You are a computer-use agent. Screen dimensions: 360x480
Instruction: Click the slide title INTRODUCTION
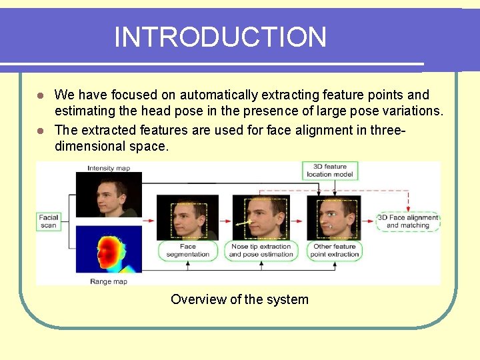220,37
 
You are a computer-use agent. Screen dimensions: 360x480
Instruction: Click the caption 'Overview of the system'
239,299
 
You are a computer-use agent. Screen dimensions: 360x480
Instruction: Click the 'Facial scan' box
49,221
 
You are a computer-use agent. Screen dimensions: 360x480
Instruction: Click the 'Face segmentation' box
187,251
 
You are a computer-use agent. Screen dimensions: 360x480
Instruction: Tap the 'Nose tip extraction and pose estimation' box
261,251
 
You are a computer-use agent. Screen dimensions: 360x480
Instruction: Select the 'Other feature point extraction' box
335,251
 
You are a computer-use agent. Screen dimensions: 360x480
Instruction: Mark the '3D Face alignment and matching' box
408,221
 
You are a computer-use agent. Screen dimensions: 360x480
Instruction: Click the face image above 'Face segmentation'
187,218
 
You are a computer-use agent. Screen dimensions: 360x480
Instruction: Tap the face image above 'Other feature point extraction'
333,218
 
